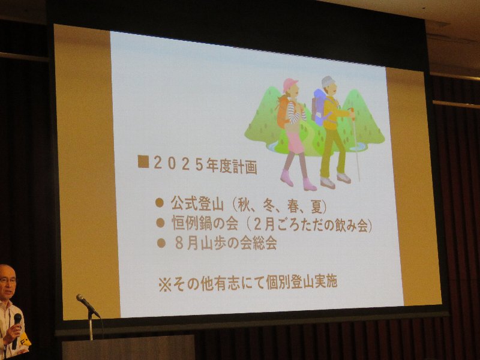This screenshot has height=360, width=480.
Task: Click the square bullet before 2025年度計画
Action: pyautogui.click(x=143, y=161)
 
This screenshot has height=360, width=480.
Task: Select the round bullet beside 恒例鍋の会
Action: pyautogui.click(x=160, y=223)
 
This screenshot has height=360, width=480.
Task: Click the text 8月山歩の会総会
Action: pyautogui.click(x=226, y=243)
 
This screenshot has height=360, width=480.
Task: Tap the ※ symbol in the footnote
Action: pyautogui.click(x=165, y=284)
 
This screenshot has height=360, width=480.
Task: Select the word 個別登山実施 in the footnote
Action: pyautogui.click(x=302, y=281)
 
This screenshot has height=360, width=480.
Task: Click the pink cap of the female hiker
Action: pyautogui.click(x=290, y=83)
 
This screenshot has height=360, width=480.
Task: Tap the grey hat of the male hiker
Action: pyautogui.click(x=328, y=82)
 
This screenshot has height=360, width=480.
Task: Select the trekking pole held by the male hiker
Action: pyautogui.click(x=355, y=145)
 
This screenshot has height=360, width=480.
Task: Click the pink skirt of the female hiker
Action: pyautogui.click(x=295, y=142)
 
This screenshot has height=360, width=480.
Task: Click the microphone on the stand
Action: pyautogui.click(x=88, y=305)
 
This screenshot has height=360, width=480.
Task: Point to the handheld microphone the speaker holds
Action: pyautogui.click(x=16, y=330)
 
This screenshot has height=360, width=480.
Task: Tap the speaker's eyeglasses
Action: pyautogui.click(x=8, y=280)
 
